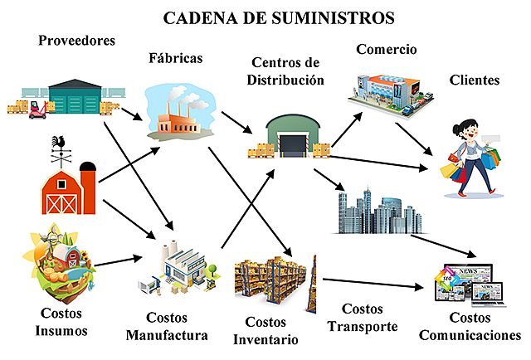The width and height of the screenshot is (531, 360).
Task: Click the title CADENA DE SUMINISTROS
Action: tap(266, 17)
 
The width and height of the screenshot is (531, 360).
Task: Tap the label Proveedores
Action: tap(77, 40)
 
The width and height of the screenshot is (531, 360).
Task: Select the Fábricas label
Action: tap(175, 59)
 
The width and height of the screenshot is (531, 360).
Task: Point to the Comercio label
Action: tap(387, 49)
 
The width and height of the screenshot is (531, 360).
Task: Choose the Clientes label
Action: tap(475, 80)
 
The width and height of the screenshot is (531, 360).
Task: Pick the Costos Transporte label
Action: tap(363, 318)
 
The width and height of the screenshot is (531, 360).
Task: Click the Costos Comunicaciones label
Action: tap(470, 327)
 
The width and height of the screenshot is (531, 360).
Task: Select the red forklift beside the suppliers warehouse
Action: tap(36, 108)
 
